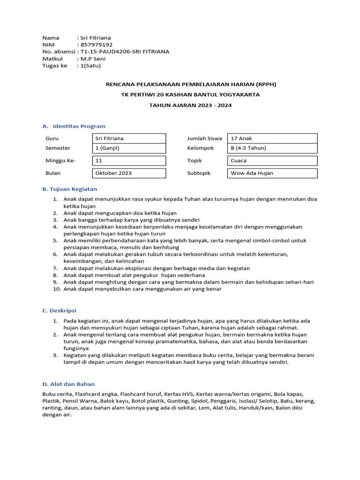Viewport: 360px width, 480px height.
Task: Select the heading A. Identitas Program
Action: point(74,126)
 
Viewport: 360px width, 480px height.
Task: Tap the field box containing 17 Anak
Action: point(272,138)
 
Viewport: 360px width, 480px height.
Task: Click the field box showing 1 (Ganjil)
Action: point(129,148)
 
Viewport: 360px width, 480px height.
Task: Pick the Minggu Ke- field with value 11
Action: point(129,161)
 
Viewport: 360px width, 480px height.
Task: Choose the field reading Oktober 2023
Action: point(129,173)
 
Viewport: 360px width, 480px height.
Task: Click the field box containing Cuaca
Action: point(272,161)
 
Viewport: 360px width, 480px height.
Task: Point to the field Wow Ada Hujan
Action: point(272,173)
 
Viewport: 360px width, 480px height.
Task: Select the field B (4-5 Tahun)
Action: point(272,148)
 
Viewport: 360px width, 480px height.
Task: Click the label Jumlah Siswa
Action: point(204,138)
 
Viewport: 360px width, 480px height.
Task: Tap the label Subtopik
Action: point(199,173)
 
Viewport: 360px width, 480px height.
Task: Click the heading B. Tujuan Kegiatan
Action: point(70,189)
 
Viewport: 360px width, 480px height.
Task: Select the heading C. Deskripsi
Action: point(59,310)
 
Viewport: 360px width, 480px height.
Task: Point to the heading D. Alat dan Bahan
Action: point(68,384)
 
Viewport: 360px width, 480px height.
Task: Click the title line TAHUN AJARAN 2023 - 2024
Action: point(190,105)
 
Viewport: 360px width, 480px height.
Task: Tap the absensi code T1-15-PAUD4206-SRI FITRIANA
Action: point(125,52)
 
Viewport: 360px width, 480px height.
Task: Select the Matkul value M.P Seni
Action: point(93,59)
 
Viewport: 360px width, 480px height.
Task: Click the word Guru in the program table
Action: point(52,138)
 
